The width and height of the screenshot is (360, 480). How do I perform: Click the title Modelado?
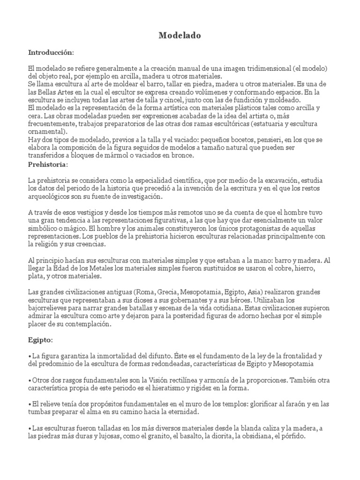tap(180, 35)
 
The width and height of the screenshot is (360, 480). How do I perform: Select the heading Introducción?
tap(51, 52)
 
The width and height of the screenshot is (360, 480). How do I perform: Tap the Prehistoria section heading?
tap(48, 165)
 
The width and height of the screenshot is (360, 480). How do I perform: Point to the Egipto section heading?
tap(41, 339)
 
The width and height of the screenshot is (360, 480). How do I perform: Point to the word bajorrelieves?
tap(51, 309)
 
